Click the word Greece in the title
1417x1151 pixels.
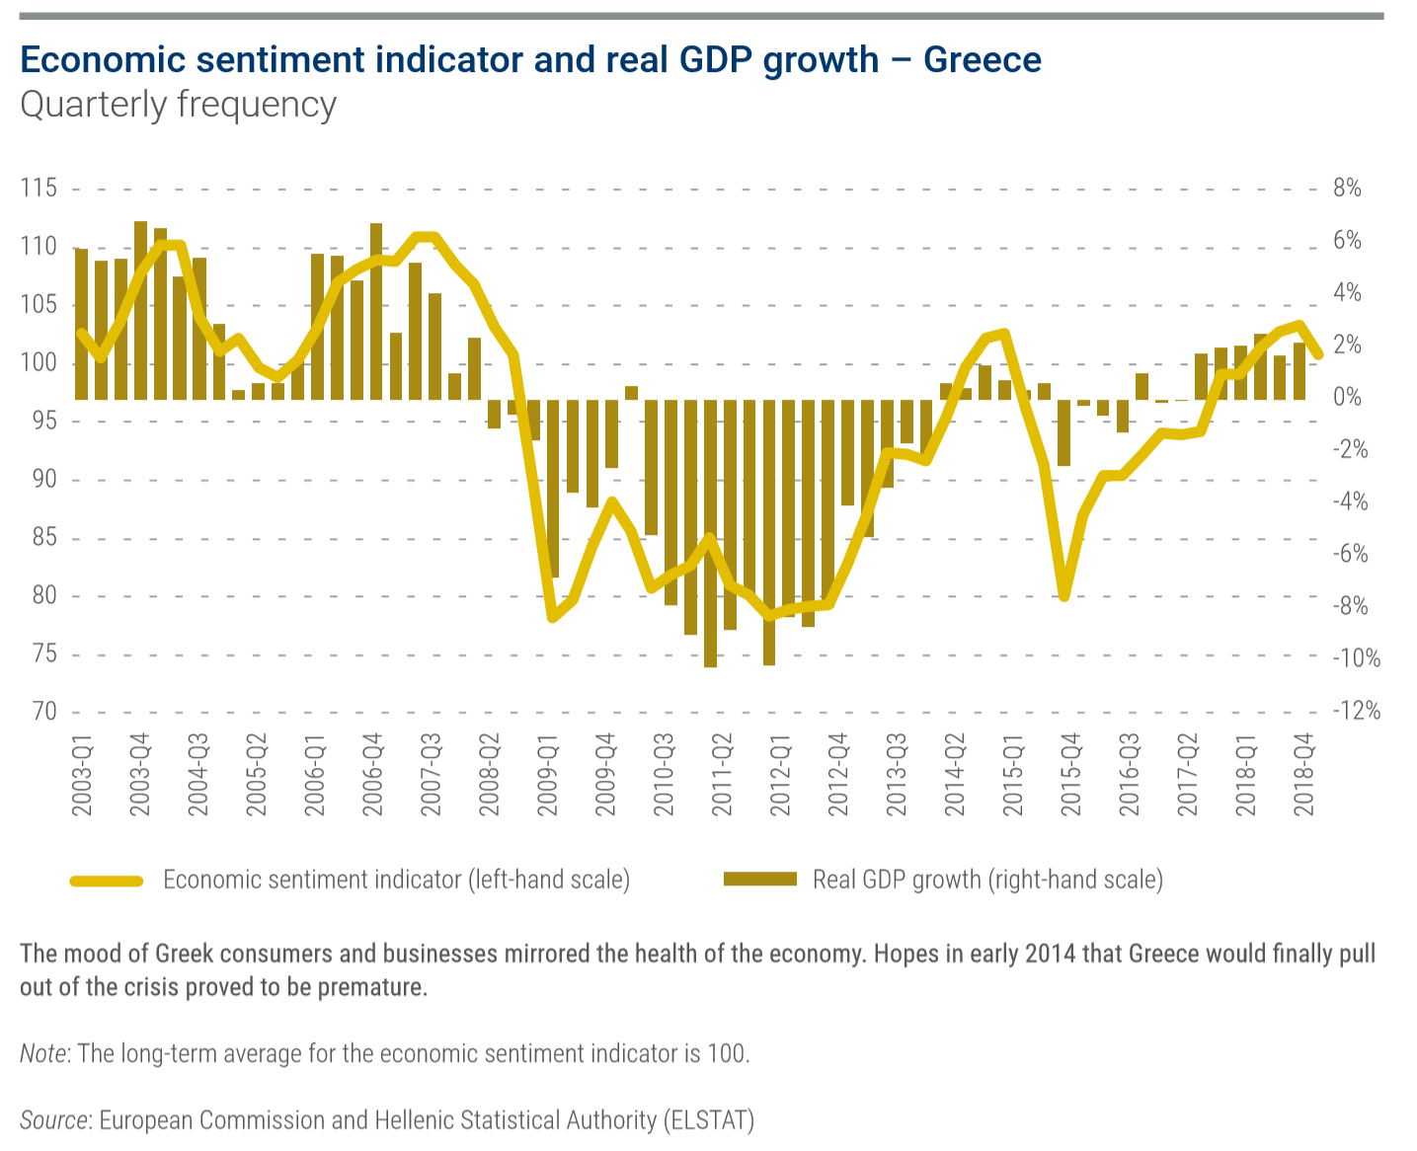point(982,60)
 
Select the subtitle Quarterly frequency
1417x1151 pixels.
point(178,105)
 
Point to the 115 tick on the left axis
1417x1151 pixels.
point(39,189)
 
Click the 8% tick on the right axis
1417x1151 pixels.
point(1347,189)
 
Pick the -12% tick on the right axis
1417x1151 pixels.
point(1356,712)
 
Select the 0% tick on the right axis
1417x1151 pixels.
point(1347,398)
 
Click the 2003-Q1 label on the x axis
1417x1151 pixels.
point(82,775)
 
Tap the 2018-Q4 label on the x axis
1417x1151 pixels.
point(1304,775)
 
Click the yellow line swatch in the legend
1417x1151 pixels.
point(107,880)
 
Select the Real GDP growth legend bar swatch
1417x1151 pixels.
point(759,879)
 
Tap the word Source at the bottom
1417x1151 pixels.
point(54,1120)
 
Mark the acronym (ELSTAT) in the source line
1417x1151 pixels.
point(709,1120)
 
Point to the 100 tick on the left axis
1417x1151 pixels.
point(39,363)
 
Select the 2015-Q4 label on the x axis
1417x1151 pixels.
point(1071,775)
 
